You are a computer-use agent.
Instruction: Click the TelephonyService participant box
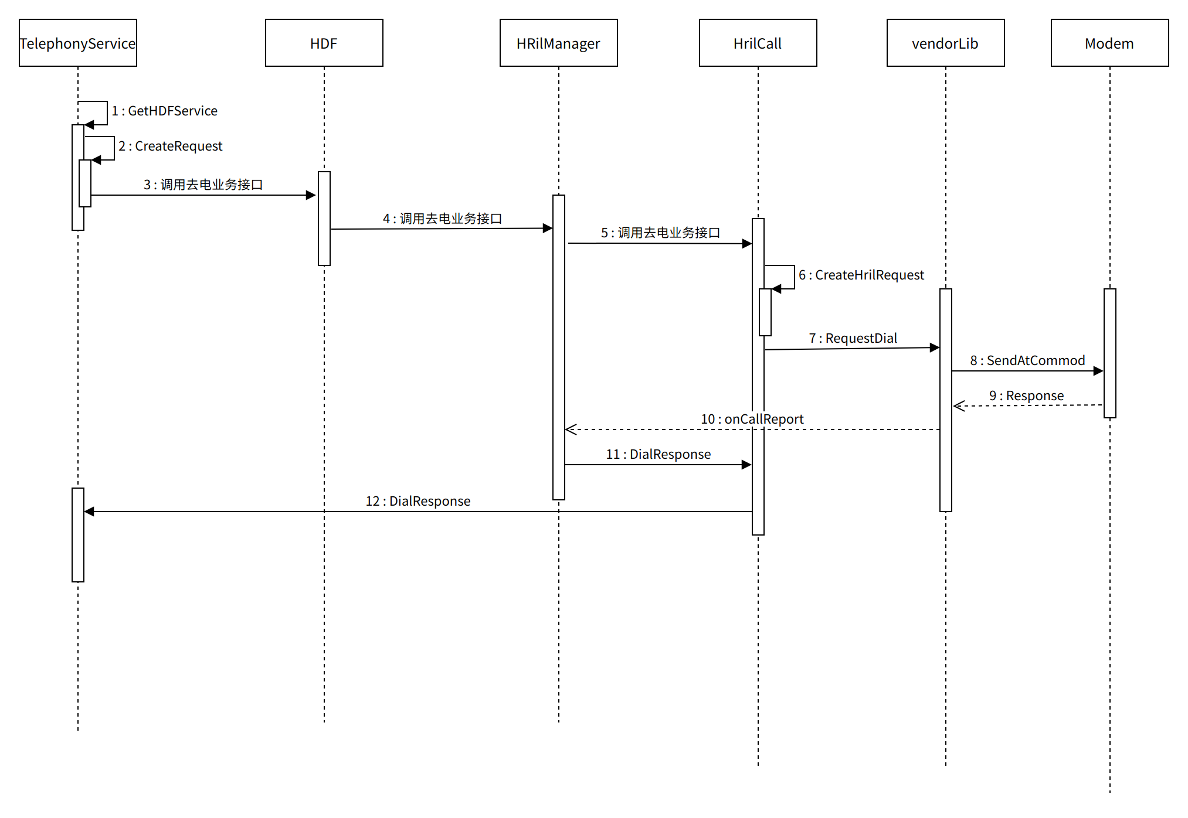point(77,43)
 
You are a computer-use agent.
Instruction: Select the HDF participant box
point(324,43)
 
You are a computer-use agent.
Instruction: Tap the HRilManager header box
point(558,43)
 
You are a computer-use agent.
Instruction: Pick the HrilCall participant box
point(758,43)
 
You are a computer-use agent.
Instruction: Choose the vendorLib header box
point(945,43)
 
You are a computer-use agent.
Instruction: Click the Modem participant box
point(1109,43)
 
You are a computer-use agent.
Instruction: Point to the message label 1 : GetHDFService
point(165,111)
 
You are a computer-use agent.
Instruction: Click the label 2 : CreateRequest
point(171,146)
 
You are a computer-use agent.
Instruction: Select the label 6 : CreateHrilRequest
point(861,275)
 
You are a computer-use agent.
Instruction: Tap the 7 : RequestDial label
point(853,338)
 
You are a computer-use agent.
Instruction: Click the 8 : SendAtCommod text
point(1027,360)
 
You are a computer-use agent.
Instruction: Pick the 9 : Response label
point(1026,396)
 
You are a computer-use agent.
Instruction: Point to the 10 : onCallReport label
point(752,419)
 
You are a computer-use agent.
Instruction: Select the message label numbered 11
point(659,454)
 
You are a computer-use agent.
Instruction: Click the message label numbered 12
point(418,501)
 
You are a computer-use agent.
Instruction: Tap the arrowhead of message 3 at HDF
point(312,195)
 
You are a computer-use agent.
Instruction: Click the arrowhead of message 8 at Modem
point(1099,371)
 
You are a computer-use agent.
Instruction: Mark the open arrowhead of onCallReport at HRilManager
point(570,430)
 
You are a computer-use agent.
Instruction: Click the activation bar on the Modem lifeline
point(1109,353)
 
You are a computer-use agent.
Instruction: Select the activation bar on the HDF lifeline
point(324,218)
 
